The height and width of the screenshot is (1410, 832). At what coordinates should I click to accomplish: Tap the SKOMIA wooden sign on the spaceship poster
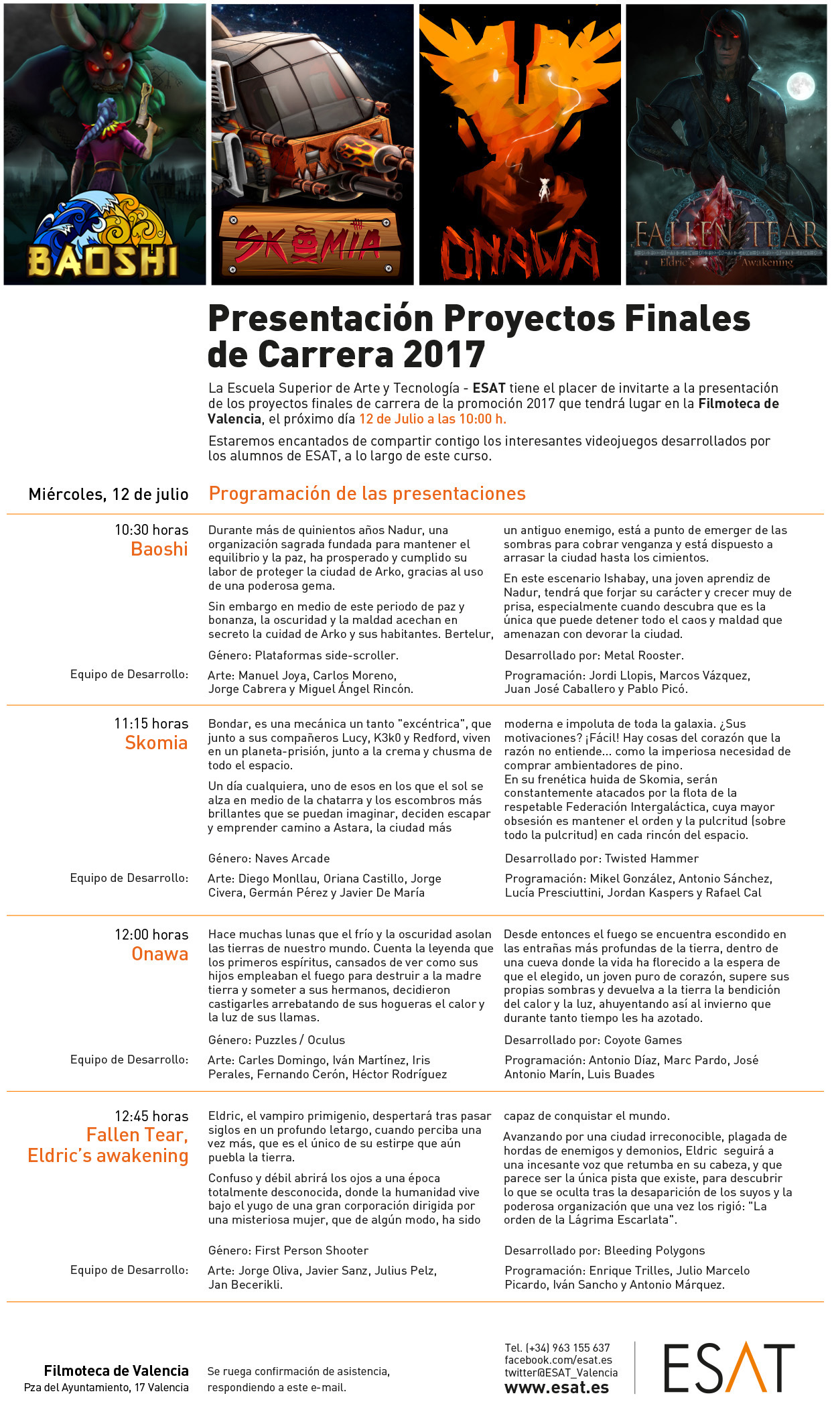(x=310, y=243)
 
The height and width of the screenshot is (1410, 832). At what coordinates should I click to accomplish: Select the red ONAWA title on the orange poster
(x=519, y=253)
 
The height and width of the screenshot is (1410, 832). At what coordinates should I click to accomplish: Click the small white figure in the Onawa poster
(x=543, y=190)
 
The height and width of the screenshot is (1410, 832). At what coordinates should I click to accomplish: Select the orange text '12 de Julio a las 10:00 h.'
(x=433, y=419)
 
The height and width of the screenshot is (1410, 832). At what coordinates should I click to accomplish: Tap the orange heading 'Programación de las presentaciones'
(x=367, y=494)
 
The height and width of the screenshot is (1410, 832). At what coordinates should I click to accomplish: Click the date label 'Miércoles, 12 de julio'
(x=109, y=495)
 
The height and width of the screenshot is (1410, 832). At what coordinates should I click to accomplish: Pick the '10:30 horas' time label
(x=151, y=530)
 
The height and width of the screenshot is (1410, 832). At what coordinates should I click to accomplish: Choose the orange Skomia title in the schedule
(x=156, y=743)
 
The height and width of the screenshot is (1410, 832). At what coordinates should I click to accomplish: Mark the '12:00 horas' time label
(x=151, y=934)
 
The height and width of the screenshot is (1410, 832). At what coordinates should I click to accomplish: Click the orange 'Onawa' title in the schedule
(x=159, y=954)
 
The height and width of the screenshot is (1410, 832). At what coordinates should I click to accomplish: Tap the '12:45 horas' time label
(x=151, y=1116)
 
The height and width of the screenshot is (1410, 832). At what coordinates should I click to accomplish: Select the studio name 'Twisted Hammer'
(x=651, y=858)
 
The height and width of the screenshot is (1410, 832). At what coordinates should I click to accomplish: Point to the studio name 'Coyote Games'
(x=642, y=1040)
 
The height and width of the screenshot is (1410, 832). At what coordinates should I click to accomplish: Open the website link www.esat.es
(x=557, y=1387)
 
